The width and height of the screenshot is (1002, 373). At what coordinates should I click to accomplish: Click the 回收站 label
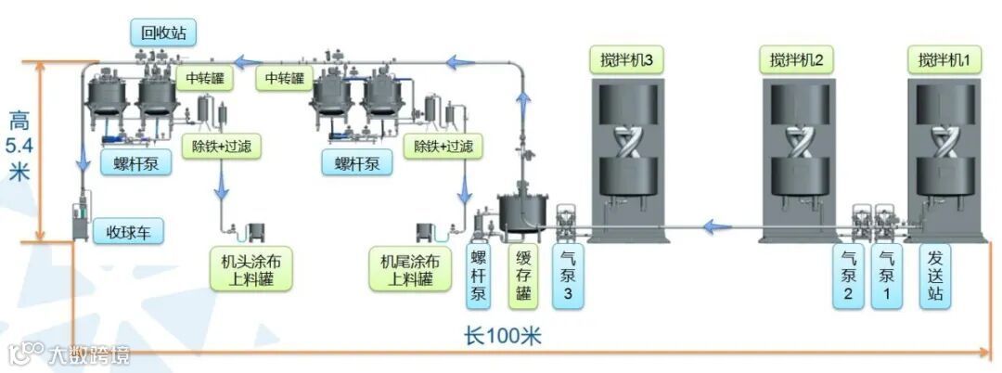163,34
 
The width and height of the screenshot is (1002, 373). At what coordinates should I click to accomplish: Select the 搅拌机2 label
796,60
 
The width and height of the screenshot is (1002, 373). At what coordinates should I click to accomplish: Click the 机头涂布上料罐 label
250,269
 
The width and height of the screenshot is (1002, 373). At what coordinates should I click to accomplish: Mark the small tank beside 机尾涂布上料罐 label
426,230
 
